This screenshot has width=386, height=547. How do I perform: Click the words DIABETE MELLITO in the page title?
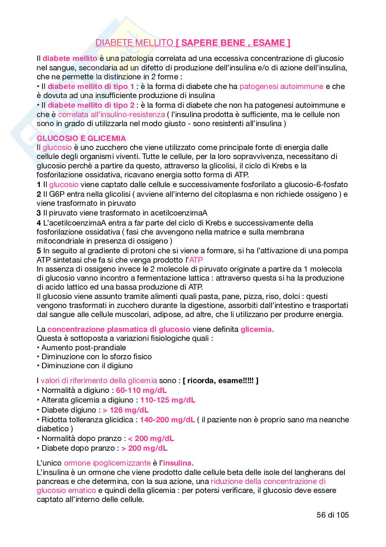(x=134, y=43)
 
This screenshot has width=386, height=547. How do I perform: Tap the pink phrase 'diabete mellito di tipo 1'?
(x=91, y=86)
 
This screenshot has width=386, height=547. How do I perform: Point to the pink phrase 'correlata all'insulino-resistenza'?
(x=111, y=114)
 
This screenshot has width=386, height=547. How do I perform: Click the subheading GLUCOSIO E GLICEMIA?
(x=81, y=138)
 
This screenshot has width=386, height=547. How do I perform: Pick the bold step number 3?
(x=39, y=213)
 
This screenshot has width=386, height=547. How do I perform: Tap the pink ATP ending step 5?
(x=196, y=260)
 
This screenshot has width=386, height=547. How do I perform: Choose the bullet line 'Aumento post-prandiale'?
(x=83, y=347)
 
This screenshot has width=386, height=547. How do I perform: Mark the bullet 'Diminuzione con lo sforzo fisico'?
(x=96, y=356)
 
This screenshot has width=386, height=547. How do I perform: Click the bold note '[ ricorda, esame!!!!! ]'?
(x=221, y=380)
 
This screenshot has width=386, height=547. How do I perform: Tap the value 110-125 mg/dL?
(x=168, y=400)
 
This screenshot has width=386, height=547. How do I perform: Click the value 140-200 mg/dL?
(x=167, y=420)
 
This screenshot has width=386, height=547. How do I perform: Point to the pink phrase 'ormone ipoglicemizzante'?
(x=107, y=463)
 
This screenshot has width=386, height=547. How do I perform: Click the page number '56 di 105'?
(x=333, y=515)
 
